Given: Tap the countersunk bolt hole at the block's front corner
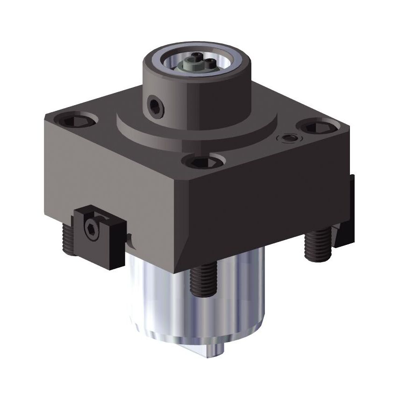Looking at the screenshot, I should coord(203,162).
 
